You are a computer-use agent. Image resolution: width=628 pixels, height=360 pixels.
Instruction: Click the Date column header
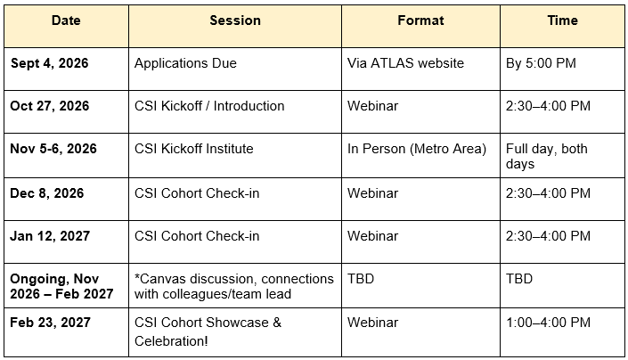click(66, 20)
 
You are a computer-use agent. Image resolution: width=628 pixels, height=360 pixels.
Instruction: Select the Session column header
click(235, 20)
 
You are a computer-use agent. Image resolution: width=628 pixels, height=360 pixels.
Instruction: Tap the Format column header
click(420, 20)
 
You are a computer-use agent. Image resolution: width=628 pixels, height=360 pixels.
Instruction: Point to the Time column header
click(562, 20)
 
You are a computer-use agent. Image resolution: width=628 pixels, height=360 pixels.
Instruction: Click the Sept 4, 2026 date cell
click(49, 63)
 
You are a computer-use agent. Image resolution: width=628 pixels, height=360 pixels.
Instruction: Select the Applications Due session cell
click(185, 63)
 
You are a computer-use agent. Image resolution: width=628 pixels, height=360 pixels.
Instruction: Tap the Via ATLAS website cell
click(405, 63)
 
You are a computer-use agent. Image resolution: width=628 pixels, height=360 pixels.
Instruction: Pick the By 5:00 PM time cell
click(541, 63)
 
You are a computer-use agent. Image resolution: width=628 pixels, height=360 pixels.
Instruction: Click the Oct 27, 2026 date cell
click(49, 106)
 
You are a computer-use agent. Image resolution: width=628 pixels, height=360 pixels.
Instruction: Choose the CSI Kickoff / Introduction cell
click(209, 106)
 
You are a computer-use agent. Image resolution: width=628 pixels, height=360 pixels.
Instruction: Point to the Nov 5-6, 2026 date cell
click(53, 149)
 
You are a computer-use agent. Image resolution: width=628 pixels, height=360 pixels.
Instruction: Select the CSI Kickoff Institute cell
click(194, 149)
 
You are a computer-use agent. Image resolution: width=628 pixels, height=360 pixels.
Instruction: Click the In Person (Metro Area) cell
click(417, 149)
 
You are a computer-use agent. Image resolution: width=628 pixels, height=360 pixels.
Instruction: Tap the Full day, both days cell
click(546, 156)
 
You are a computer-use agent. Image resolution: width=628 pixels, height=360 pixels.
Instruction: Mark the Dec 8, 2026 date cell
click(47, 193)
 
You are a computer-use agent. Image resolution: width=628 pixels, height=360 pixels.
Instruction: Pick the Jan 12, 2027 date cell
click(50, 236)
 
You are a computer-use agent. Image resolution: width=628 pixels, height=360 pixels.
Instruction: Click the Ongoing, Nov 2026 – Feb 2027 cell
click(61, 286)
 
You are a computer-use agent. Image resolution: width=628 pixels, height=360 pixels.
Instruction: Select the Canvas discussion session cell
click(234, 286)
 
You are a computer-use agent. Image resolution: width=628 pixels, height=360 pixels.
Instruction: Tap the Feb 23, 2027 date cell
click(50, 323)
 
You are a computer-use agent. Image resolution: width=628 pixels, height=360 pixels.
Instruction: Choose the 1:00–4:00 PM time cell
click(548, 323)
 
